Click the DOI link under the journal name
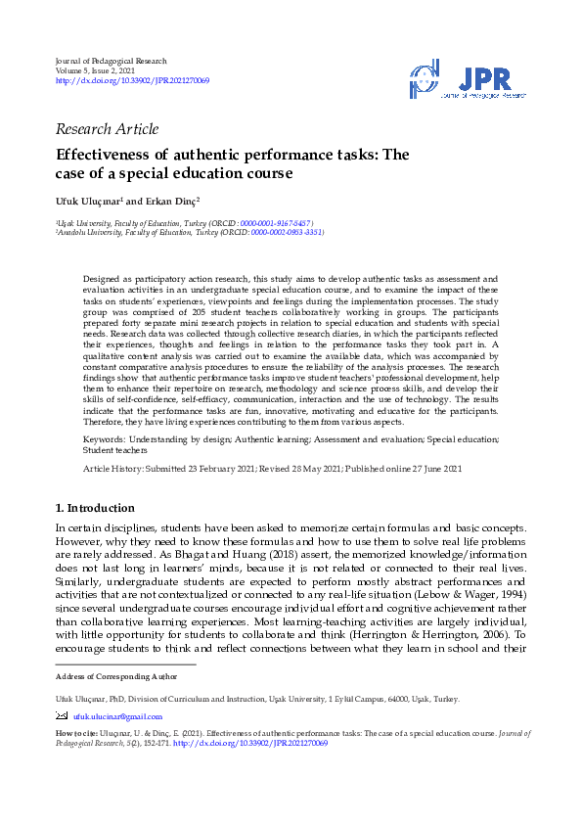(132, 80)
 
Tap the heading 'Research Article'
(107, 129)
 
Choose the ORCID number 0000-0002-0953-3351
(287, 233)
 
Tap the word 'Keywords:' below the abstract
(105, 440)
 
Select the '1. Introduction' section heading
(95, 508)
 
